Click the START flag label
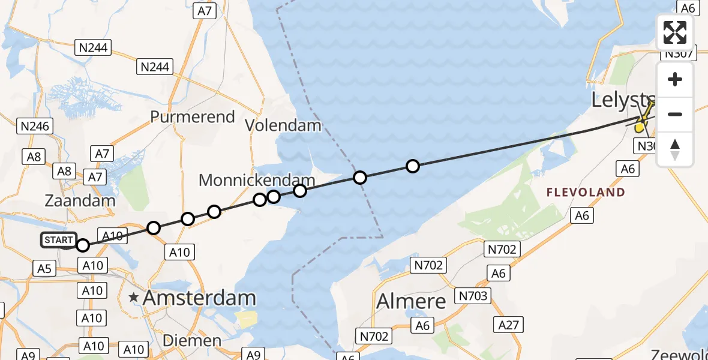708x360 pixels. click(59, 241)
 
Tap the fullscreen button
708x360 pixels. click(675, 32)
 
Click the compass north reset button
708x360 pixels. click(675, 149)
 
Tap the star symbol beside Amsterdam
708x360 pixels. click(133, 297)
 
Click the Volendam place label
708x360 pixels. click(284, 126)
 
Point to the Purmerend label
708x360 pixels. click(193, 116)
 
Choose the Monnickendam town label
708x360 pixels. click(257, 180)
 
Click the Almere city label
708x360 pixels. click(412, 301)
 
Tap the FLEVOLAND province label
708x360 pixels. click(586, 193)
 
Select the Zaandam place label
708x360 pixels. click(79, 201)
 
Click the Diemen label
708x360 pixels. click(193, 341)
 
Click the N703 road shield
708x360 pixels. click(474, 295)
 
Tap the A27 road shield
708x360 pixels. click(510, 325)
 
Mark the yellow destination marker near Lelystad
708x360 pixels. click(641, 126)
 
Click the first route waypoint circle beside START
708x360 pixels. click(83, 245)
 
